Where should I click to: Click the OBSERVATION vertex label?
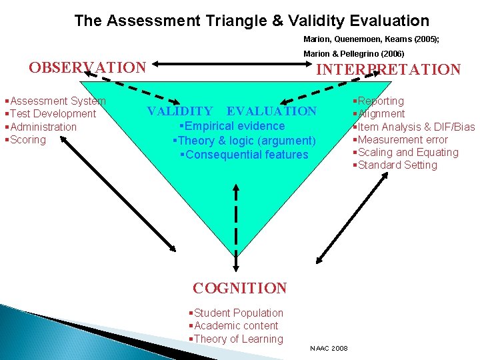pos(87,67)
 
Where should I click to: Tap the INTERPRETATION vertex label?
pos(388,69)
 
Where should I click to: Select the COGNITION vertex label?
pos(239,289)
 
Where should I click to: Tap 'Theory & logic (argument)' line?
pos(244,141)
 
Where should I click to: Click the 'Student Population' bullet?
pos(237,313)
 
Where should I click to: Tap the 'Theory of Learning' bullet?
pos(237,339)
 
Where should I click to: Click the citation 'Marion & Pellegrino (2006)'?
pos(353,53)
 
